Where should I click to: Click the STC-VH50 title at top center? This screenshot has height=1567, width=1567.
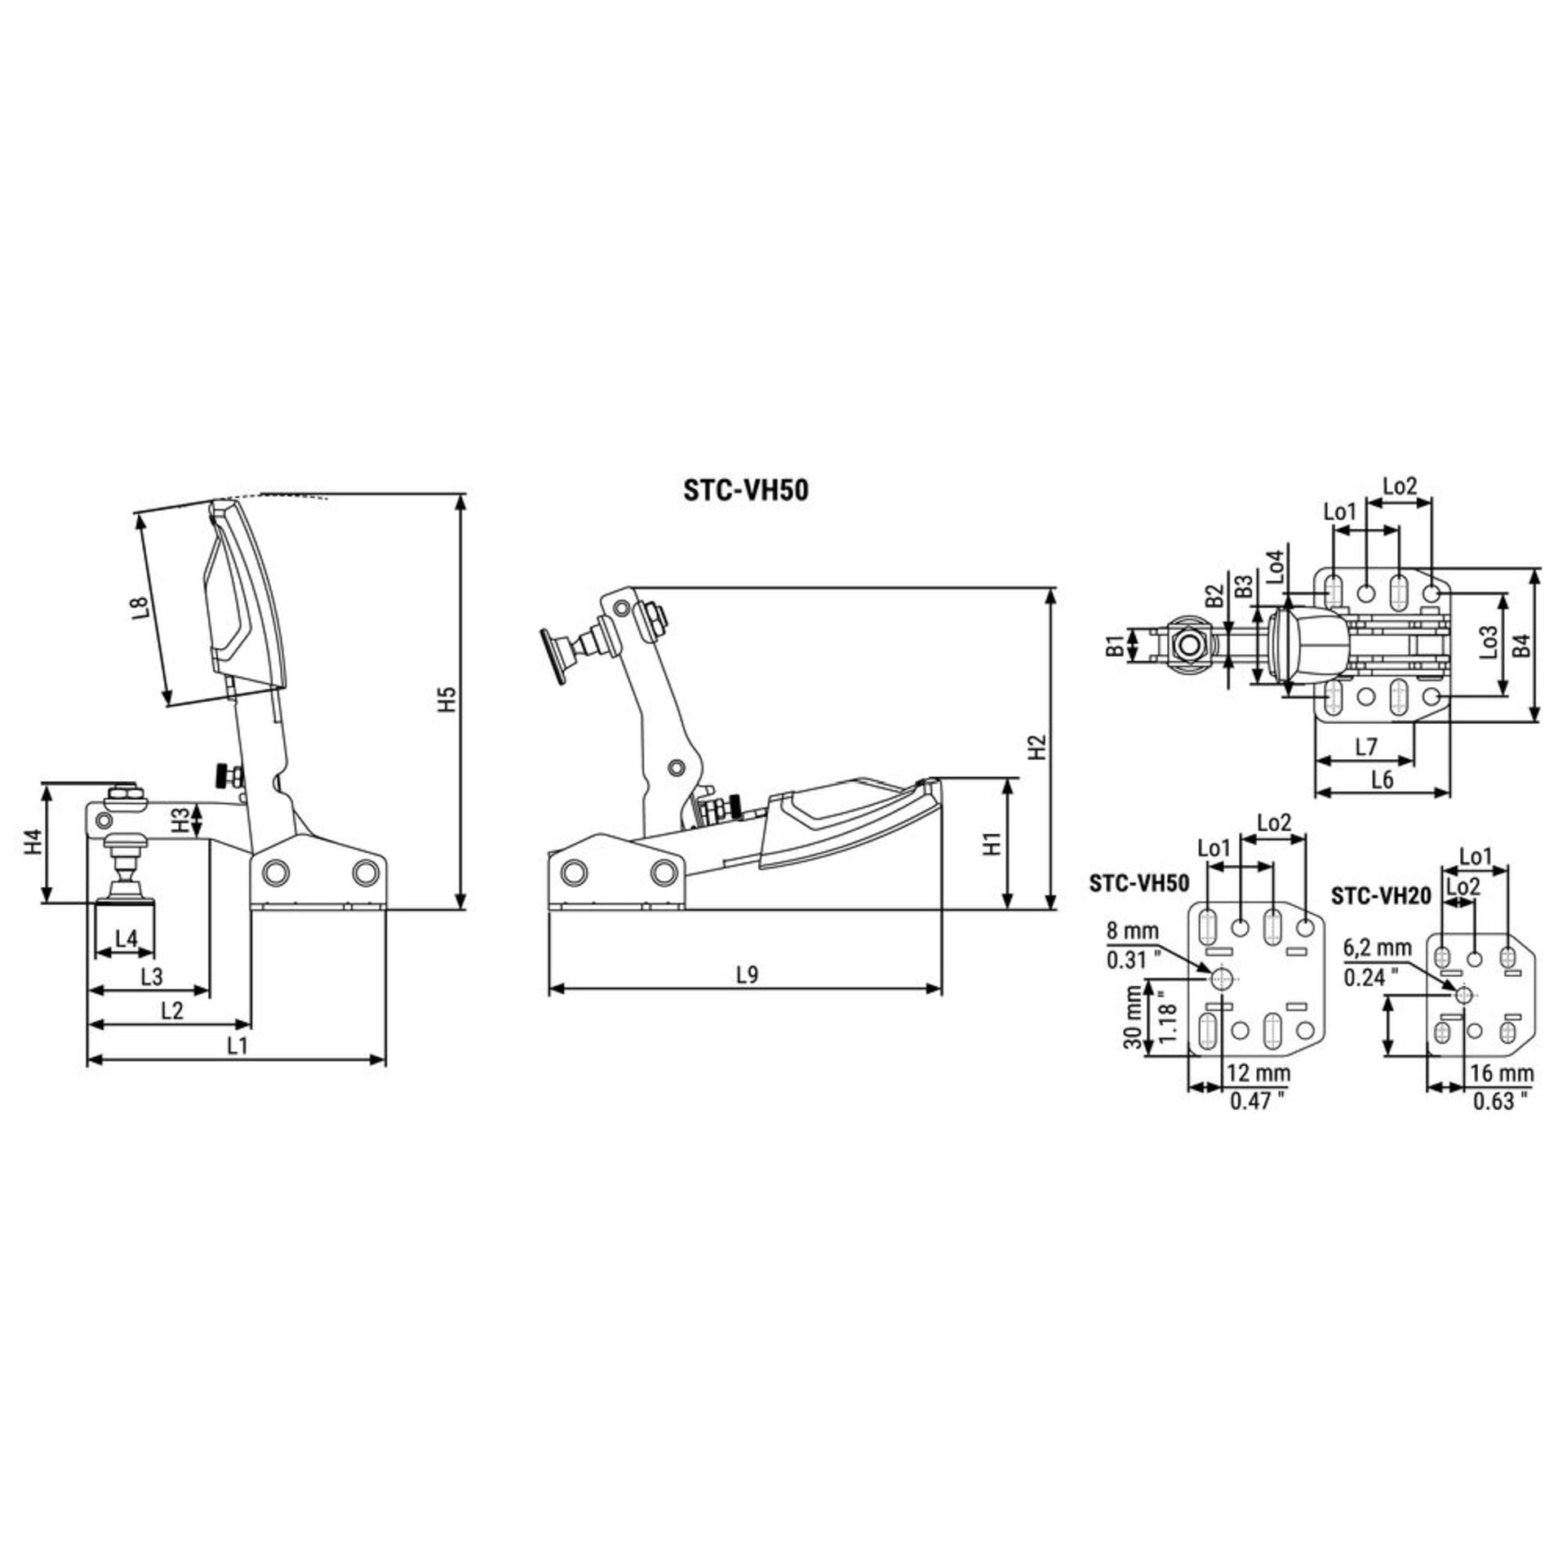click(x=745, y=490)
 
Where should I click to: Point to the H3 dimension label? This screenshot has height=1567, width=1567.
click(x=183, y=819)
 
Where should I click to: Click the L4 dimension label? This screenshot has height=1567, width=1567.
click(x=127, y=939)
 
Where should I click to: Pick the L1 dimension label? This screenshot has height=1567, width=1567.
click(x=237, y=1045)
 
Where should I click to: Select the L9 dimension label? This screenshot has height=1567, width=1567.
click(x=745, y=974)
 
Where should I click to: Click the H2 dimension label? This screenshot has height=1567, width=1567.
click(x=1037, y=748)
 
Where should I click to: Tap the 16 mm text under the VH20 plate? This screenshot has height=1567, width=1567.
click(x=1502, y=1073)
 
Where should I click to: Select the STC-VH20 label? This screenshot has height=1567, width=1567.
click(x=1381, y=896)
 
